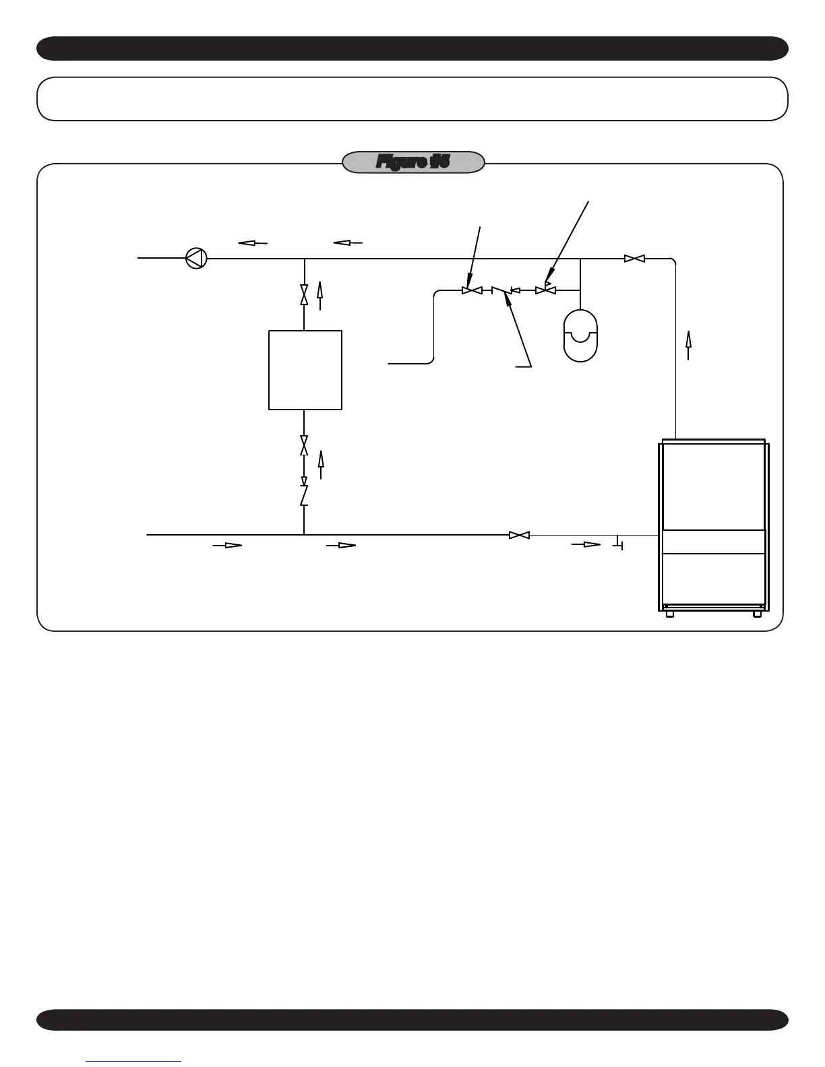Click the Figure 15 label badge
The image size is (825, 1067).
click(413, 162)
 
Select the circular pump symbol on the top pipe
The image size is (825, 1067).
click(196, 257)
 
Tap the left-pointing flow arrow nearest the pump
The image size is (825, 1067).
click(253, 243)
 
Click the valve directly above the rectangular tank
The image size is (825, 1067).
click(304, 294)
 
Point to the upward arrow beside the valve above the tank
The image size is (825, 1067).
click(320, 295)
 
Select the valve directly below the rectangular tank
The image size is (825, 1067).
click(304, 445)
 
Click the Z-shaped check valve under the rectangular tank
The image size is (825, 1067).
click(304, 495)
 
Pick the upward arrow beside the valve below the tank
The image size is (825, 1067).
click(321, 464)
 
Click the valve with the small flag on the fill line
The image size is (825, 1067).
click(545, 290)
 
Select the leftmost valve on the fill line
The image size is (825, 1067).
click(472, 290)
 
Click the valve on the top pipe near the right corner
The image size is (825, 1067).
click(634, 258)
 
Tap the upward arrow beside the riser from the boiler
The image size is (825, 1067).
click(688, 344)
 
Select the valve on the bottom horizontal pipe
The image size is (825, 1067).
click(519, 535)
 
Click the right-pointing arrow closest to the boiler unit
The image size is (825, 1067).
click(586, 544)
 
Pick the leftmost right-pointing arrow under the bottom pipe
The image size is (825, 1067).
click(227, 545)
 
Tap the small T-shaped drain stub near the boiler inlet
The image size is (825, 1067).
click(619, 542)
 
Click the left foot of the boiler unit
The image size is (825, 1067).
click(669, 614)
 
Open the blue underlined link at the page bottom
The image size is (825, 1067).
click(133, 1062)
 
